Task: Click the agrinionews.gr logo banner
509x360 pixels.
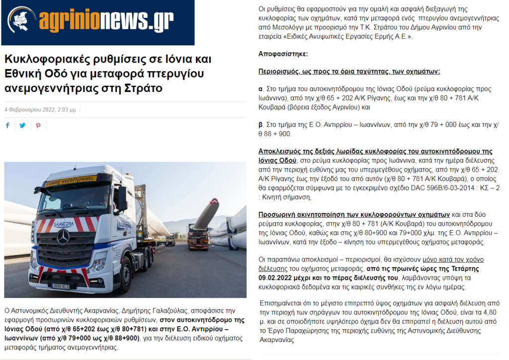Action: tap(97, 22)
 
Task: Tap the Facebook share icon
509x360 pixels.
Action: tap(7, 125)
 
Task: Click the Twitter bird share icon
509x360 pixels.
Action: tap(22, 125)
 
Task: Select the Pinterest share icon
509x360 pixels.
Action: tap(38, 125)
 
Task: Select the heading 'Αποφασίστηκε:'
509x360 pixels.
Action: tap(283, 53)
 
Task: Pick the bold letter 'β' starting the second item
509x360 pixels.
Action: tap(261, 125)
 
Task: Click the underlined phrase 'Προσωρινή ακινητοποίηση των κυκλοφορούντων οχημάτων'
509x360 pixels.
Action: tap(354, 215)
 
